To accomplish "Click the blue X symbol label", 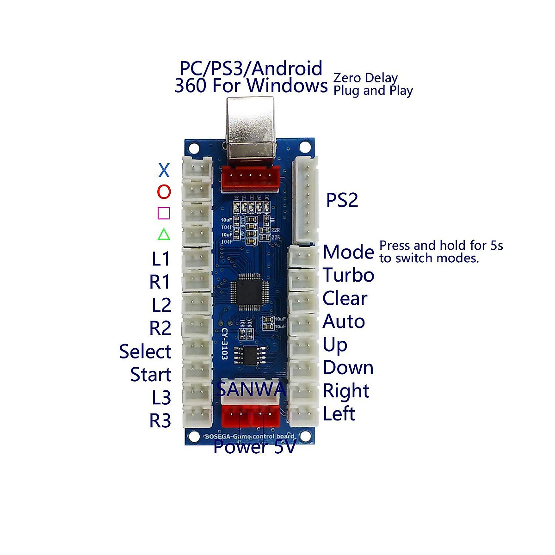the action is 164,171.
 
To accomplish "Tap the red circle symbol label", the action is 164,191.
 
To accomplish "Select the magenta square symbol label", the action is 164,213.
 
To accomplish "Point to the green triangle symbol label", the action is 164,234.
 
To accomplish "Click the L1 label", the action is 161,259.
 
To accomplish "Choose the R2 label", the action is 160,328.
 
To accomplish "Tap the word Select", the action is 145,351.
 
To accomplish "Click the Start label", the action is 150,375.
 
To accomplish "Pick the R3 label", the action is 160,421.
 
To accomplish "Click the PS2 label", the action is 342,200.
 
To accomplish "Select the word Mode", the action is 348,252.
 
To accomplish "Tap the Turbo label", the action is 348,275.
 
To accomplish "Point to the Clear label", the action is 345,298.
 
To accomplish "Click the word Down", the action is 348,368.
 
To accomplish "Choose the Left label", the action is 339,414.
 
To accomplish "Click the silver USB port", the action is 250,129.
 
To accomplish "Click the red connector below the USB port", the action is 250,178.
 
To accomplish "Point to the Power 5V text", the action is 254,447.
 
